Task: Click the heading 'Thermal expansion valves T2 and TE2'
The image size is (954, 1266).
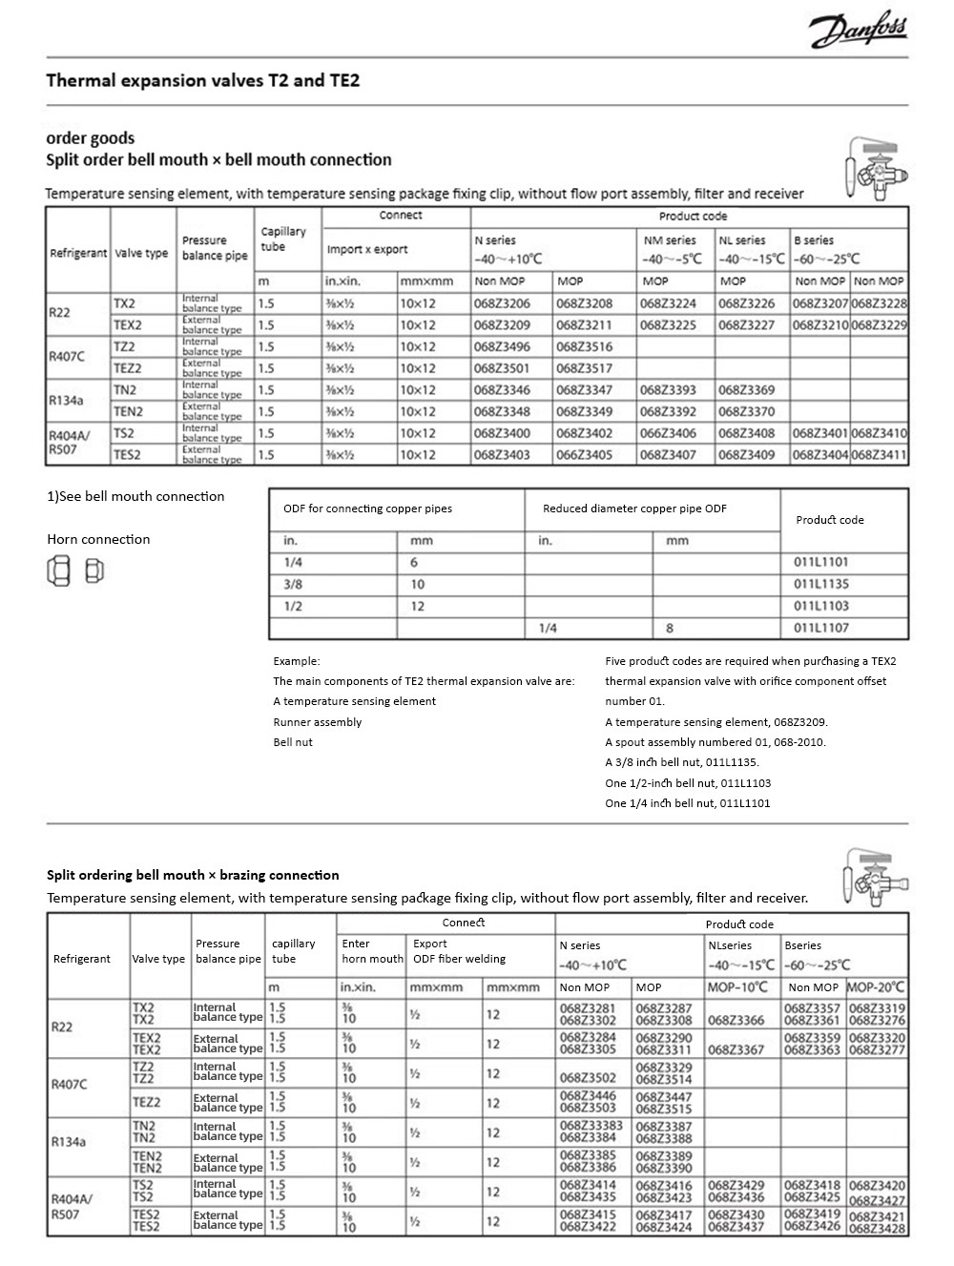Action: click(202, 81)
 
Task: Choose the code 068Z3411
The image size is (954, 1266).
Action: click(879, 455)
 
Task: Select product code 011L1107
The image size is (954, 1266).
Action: click(820, 628)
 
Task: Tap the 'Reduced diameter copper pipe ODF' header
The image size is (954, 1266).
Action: click(634, 508)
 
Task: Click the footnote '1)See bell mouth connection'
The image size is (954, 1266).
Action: click(135, 496)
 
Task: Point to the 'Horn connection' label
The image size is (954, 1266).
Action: click(98, 539)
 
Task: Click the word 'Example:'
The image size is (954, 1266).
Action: click(297, 661)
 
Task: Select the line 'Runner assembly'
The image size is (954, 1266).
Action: click(318, 722)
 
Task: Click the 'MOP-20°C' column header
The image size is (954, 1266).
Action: click(877, 987)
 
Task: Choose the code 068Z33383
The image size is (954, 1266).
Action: click(591, 1126)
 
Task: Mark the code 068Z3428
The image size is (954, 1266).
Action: click(877, 1229)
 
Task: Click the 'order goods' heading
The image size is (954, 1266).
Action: click(91, 138)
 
